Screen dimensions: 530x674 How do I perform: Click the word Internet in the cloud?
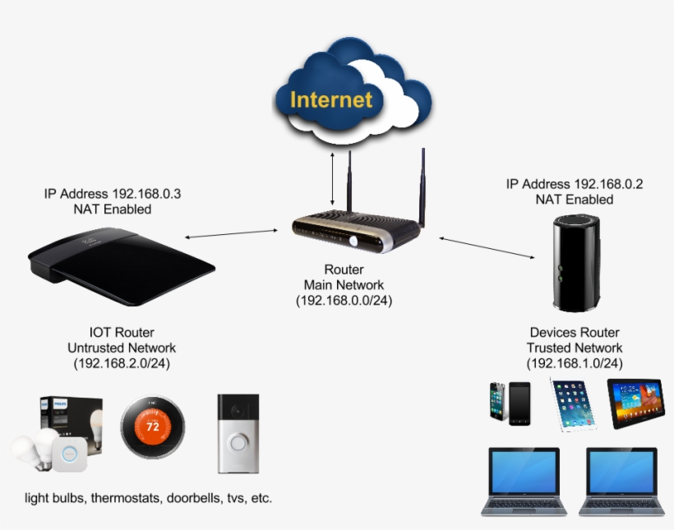pos(331,100)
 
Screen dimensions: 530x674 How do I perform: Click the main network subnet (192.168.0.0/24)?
pos(344,301)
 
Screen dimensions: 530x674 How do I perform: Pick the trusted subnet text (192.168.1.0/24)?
pos(575,362)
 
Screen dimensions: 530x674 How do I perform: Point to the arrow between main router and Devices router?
pos(486,247)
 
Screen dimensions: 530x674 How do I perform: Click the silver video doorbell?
pos(238,433)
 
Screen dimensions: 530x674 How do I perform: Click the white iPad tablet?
pos(571,403)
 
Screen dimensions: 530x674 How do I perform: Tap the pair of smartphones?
pos(510,402)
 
